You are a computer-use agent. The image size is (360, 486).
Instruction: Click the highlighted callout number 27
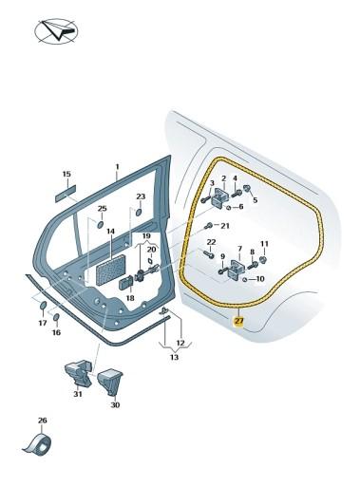238,322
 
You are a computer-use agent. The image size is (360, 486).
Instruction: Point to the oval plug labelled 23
139,212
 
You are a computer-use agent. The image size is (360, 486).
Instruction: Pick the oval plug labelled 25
100,224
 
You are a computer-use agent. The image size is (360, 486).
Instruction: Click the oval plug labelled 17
43,306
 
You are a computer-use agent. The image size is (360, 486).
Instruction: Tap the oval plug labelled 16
56,317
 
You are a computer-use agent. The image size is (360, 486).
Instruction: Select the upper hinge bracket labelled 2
221,196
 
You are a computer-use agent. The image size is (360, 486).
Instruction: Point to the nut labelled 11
263,260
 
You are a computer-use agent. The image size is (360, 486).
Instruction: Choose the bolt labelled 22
210,253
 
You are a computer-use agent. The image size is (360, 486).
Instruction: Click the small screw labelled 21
208,226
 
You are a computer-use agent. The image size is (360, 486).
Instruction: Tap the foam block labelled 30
110,382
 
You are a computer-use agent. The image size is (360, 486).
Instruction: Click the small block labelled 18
126,282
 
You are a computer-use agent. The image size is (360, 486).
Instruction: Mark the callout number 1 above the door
117,167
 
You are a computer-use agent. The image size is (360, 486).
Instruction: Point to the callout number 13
174,358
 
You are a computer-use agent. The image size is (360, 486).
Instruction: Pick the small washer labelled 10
244,279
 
